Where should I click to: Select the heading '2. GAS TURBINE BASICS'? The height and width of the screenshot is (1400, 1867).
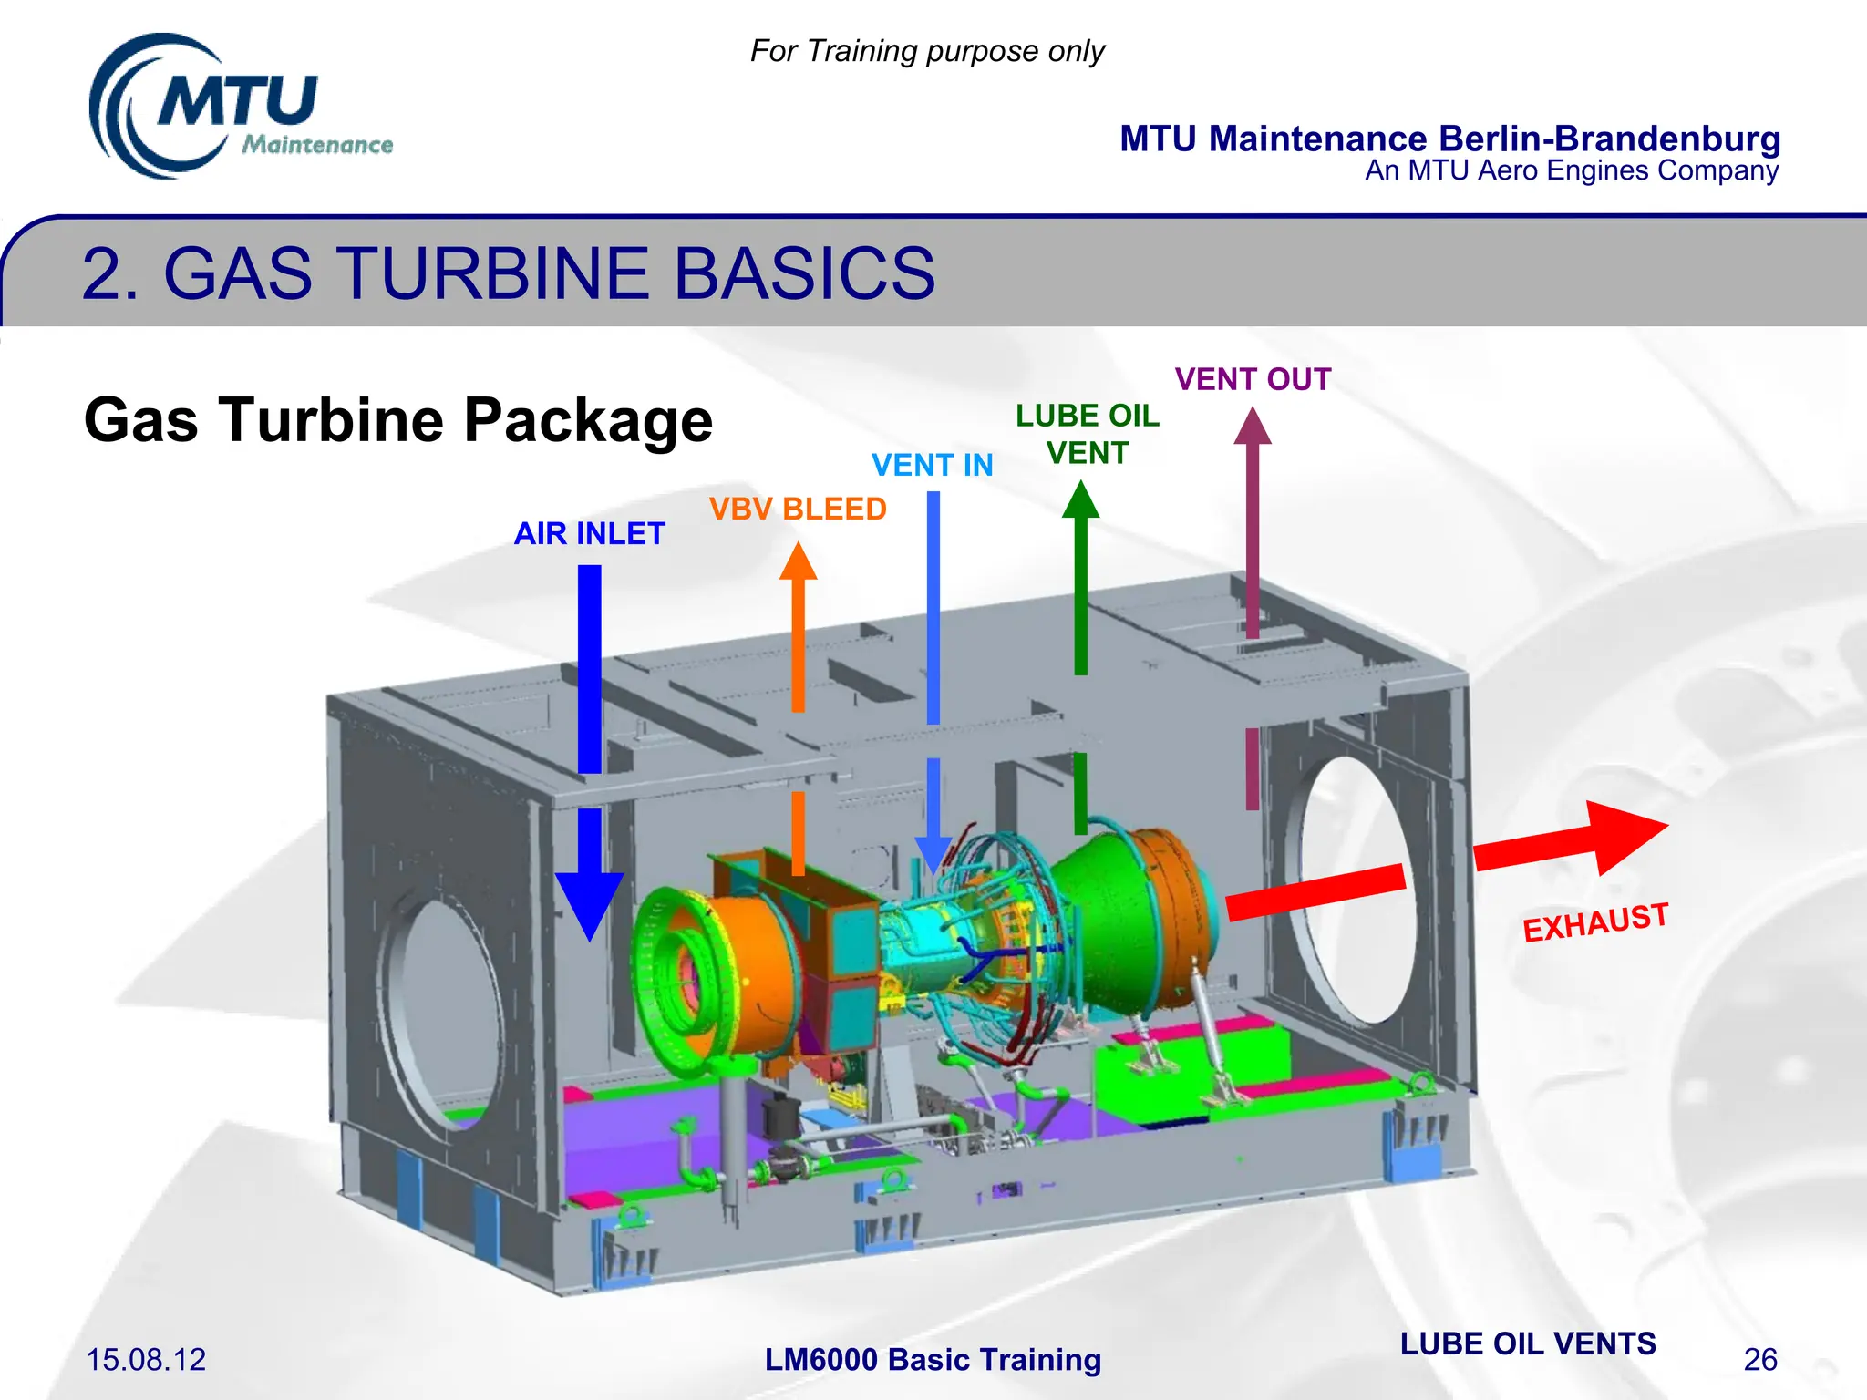(x=508, y=273)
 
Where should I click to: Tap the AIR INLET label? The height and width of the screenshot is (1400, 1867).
(x=589, y=533)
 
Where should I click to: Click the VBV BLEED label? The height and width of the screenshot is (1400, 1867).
(x=798, y=509)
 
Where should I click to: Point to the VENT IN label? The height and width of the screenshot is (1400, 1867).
(x=932, y=466)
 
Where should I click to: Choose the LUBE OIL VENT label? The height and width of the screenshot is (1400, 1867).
(x=1087, y=434)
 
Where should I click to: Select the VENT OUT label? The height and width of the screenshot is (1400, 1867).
(x=1253, y=379)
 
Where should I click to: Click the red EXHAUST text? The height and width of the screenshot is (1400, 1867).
(x=1595, y=922)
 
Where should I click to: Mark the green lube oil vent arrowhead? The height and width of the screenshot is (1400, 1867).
(x=1080, y=500)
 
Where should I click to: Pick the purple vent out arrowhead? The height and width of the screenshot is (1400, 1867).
(x=1253, y=427)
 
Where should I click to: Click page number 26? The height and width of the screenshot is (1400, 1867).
(x=1760, y=1360)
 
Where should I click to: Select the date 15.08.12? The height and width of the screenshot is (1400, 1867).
(x=146, y=1360)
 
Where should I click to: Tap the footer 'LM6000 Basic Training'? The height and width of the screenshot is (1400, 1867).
(x=933, y=1360)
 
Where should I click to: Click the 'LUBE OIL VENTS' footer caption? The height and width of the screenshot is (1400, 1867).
(x=1528, y=1343)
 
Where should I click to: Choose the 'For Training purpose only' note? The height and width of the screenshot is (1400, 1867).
(x=927, y=51)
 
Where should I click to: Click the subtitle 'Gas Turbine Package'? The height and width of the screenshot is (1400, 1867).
(x=398, y=420)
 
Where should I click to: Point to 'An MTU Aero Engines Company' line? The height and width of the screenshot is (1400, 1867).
(x=1572, y=170)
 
